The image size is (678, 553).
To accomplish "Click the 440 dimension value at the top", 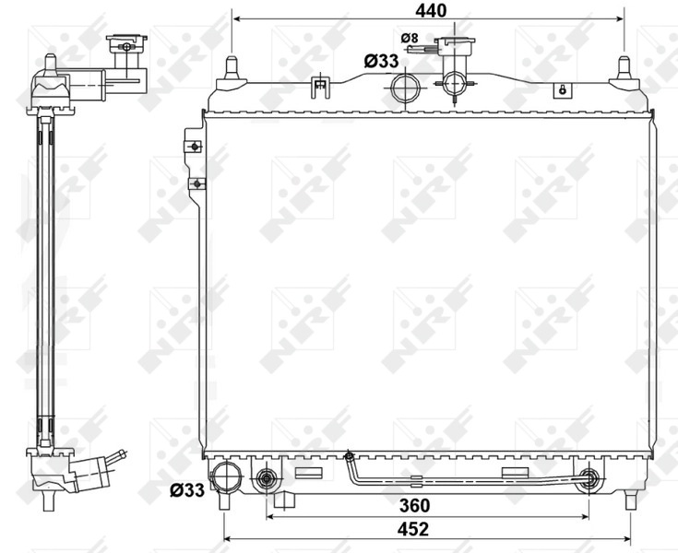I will (x=430, y=10).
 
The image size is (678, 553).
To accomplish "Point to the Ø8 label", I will (x=410, y=38).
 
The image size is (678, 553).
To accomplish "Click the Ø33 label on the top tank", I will (x=381, y=61).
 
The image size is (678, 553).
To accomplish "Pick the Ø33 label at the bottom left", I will (x=187, y=490).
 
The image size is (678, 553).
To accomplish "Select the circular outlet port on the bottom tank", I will (x=225, y=477).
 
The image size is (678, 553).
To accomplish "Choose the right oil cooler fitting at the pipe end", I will (x=589, y=478).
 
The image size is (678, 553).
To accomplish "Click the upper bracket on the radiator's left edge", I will (x=194, y=146).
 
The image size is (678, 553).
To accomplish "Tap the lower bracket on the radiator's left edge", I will (x=196, y=182).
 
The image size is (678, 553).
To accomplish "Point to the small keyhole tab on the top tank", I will (x=560, y=90).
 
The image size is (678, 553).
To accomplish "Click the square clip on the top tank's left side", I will (x=320, y=88).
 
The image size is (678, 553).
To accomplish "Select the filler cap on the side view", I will (x=125, y=43).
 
